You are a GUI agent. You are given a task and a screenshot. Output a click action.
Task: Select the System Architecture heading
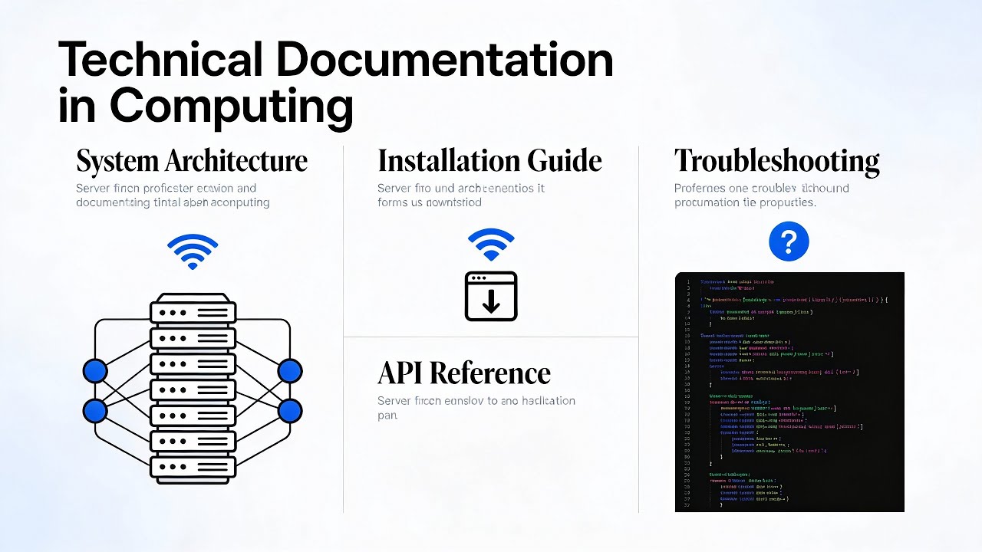coord(192,162)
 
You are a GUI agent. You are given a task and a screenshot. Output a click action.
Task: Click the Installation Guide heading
coord(489,162)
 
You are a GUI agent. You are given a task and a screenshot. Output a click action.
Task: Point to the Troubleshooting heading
coord(776,162)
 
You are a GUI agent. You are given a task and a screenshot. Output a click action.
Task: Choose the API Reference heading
coord(464,373)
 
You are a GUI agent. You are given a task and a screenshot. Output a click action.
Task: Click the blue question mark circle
coord(789,242)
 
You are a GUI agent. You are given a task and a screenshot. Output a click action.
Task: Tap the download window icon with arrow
coord(491,296)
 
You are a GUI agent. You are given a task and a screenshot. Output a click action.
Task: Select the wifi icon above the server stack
coord(193,251)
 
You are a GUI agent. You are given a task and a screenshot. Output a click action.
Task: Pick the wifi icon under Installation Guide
coord(491,245)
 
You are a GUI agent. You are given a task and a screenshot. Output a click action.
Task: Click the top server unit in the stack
coord(193,312)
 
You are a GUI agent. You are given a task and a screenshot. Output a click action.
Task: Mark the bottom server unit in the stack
coord(193,467)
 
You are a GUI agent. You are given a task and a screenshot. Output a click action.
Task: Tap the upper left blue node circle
coord(95,371)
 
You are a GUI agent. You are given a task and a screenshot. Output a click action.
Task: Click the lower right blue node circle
coord(290,412)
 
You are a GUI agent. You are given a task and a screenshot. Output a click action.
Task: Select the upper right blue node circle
coord(290,371)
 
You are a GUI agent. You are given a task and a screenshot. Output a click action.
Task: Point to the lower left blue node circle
coord(95,412)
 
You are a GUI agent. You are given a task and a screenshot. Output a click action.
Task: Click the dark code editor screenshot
coord(789,392)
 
